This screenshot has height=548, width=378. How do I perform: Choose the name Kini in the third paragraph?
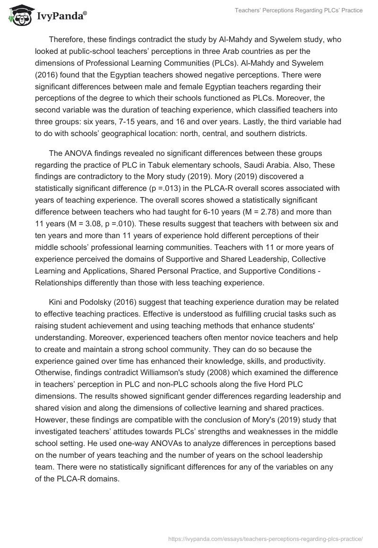(x=56, y=302)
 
